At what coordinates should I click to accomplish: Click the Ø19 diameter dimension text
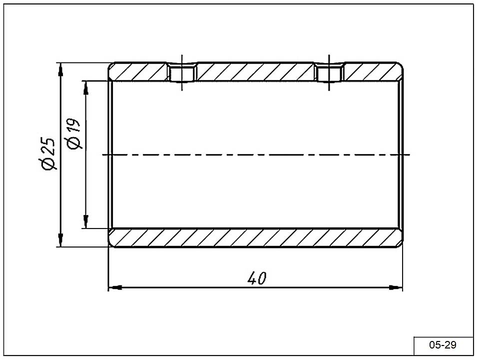pos(73,133)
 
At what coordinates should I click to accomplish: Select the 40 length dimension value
pos(257,277)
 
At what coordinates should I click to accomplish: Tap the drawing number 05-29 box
pos(443,345)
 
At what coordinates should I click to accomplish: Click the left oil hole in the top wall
pos(182,72)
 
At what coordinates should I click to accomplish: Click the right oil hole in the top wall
pos(329,72)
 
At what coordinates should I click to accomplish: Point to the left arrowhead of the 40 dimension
pos(115,287)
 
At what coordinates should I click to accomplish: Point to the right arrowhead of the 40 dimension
pos(396,287)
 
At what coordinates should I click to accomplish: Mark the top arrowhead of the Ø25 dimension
pos(60,69)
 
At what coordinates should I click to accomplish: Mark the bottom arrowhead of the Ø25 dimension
pos(60,240)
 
